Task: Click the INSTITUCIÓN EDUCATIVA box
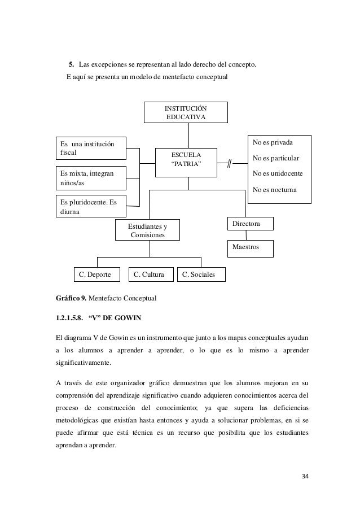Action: point(186,112)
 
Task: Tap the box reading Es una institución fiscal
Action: point(91,148)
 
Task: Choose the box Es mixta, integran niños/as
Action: point(91,178)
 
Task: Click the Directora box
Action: point(249,224)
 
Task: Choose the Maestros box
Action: point(249,248)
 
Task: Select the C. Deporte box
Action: point(98,275)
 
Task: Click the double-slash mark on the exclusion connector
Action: point(230,164)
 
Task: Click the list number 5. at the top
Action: point(72,65)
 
